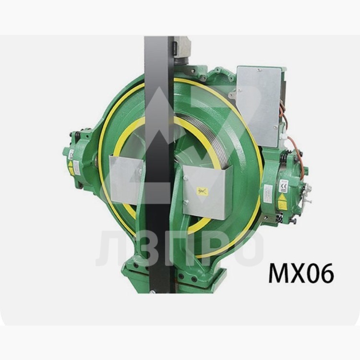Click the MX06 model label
coord(300,273)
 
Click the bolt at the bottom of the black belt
coord(153,290)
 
